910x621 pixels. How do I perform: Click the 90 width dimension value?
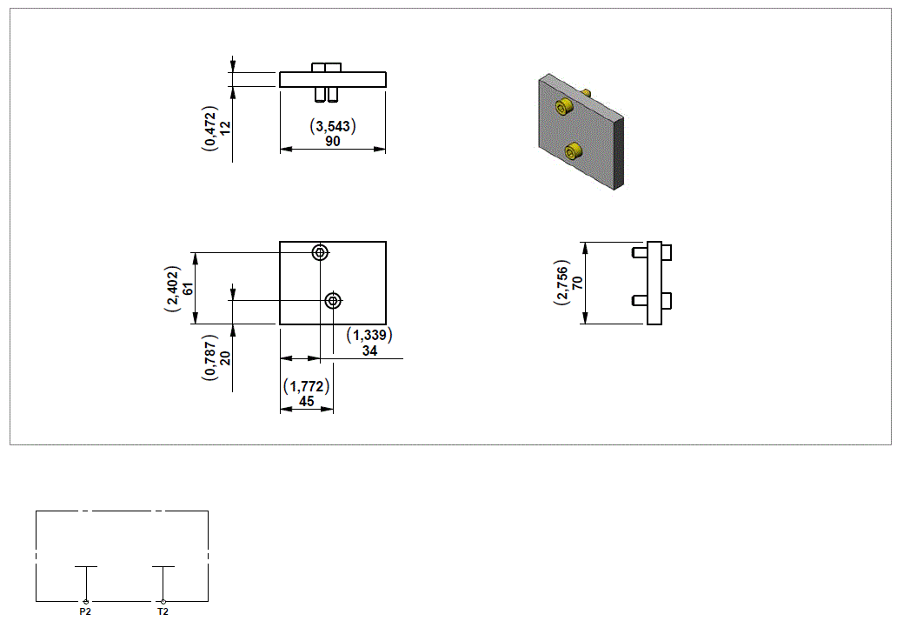(x=333, y=141)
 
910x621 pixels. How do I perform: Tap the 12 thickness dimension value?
(x=225, y=127)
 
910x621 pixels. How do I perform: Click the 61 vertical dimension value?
(x=187, y=288)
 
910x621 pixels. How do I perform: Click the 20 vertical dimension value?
(x=225, y=357)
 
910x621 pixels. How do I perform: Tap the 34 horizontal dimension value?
(x=369, y=351)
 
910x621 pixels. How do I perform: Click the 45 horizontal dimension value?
(x=306, y=401)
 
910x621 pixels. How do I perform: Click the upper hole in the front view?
(x=321, y=253)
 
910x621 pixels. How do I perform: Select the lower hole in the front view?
(x=333, y=301)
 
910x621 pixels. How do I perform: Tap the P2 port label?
(x=85, y=612)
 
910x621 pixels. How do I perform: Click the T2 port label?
(x=163, y=612)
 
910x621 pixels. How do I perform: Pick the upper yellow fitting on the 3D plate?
(x=564, y=107)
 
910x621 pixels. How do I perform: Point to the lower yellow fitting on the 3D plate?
(x=572, y=152)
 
